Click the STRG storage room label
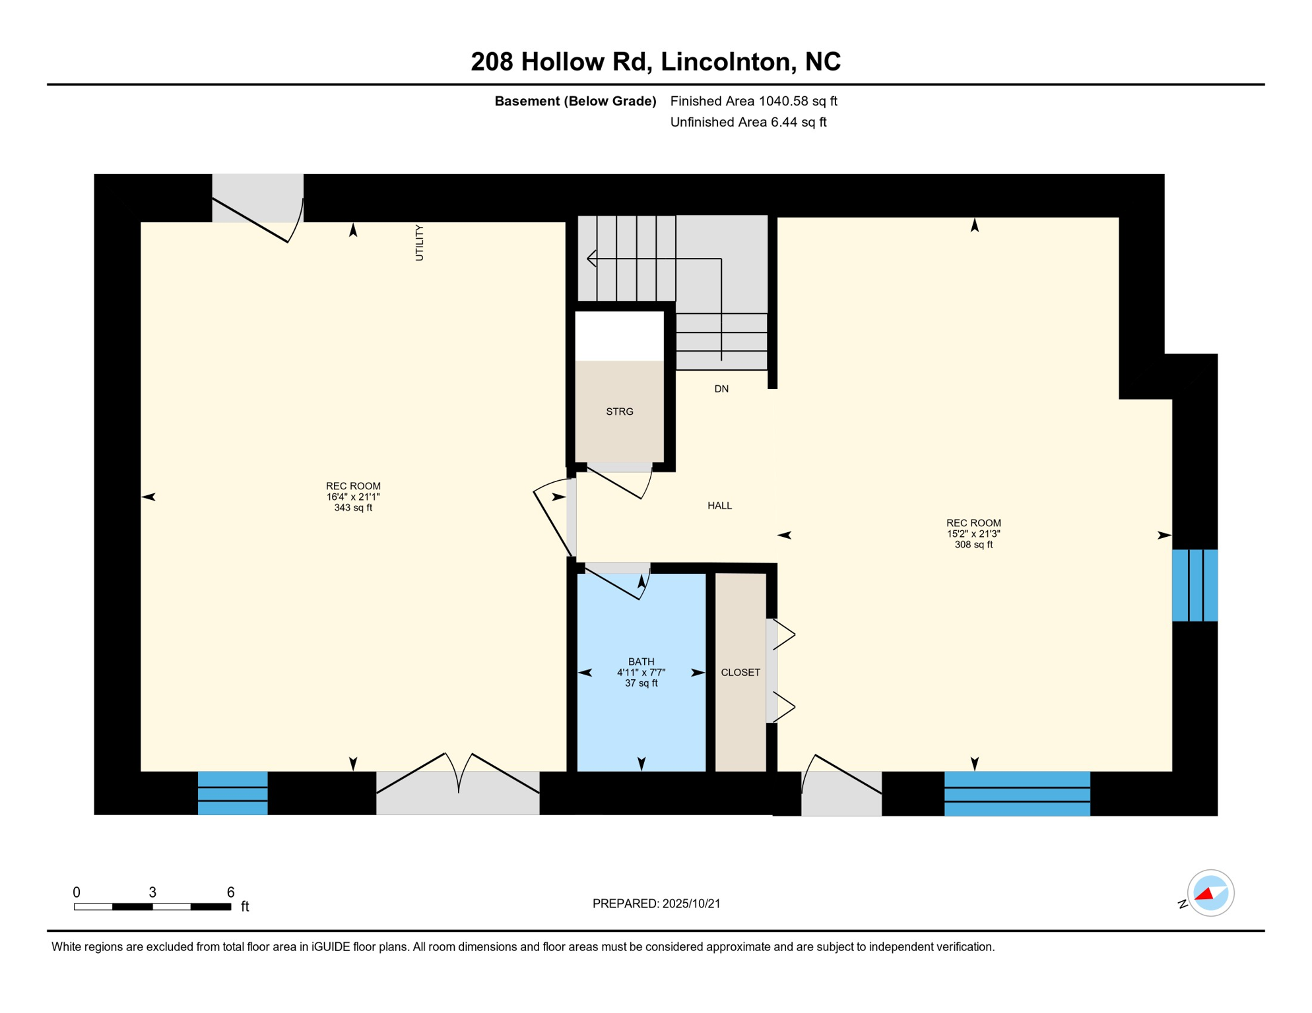click(x=619, y=412)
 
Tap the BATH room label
click(x=641, y=661)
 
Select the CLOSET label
click(x=740, y=673)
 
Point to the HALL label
click(x=719, y=506)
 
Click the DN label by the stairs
click(x=721, y=389)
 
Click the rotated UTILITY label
click(x=419, y=243)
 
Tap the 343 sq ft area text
click(x=353, y=508)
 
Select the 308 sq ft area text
click(x=973, y=545)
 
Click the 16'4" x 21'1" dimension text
click(x=353, y=497)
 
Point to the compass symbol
click(x=1210, y=894)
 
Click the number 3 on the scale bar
click(x=152, y=892)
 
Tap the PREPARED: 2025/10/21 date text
click(x=656, y=904)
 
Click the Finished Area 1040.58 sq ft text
click(x=753, y=101)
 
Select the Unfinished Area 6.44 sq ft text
click(x=748, y=122)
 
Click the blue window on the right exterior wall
click(x=1195, y=585)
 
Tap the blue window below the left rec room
click(x=232, y=793)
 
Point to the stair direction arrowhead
click(x=591, y=259)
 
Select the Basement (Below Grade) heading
click(x=575, y=101)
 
